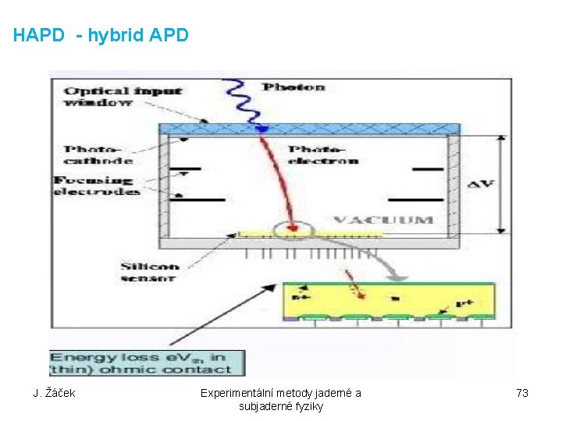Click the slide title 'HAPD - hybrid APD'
pyautogui.click(x=101, y=35)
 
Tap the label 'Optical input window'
pyautogui.click(x=123, y=96)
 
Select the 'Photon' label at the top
pyautogui.click(x=293, y=87)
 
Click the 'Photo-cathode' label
pyautogui.click(x=98, y=154)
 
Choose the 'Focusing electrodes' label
pyautogui.click(x=97, y=186)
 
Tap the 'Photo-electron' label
pyautogui.click(x=323, y=154)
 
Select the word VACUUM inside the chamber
pyautogui.click(x=382, y=219)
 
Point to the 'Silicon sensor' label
pyautogui.click(x=150, y=271)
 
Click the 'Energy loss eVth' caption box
pyautogui.click(x=147, y=363)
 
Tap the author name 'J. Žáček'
pyautogui.click(x=54, y=393)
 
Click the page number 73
pyautogui.click(x=522, y=393)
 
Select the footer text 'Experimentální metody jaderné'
pyautogui.click(x=281, y=393)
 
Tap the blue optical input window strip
pyautogui.click(x=309, y=129)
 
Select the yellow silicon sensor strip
pyautogui.click(x=343, y=233)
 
